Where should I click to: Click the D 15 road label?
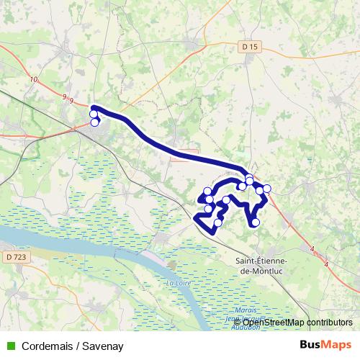250,47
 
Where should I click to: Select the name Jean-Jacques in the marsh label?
241,318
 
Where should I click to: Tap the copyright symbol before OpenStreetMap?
238,322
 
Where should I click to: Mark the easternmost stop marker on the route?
267,189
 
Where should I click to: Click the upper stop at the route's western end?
93,114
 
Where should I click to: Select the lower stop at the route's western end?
94,122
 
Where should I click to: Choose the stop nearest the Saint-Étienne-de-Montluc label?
256,222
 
